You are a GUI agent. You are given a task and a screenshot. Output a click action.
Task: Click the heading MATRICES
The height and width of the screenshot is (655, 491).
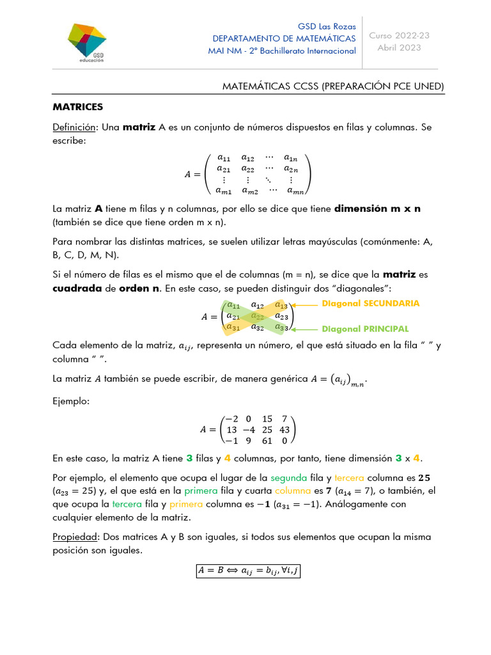[x=77, y=106]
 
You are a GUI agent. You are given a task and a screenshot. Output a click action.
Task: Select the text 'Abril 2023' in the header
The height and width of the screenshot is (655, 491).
[x=399, y=48]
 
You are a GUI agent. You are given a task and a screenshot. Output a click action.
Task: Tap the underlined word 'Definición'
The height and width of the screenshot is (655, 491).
[x=74, y=127]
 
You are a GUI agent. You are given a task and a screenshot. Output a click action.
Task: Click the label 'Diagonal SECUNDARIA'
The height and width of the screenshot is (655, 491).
[x=370, y=303]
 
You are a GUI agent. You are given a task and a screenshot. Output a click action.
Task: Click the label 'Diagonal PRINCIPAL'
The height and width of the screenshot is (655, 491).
[x=364, y=329]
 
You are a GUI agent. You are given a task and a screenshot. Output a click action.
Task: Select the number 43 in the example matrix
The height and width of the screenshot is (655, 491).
[x=284, y=429]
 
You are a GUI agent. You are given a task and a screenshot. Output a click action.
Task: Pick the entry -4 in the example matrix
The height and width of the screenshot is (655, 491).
[x=248, y=429]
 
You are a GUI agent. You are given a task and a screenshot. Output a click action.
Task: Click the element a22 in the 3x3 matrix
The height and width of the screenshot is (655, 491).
[x=258, y=316]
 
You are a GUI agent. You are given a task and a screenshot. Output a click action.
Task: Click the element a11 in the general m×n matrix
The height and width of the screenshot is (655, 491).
[x=224, y=157]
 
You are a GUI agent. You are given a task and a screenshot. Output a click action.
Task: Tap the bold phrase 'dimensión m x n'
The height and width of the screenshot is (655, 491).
[x=378, y=209]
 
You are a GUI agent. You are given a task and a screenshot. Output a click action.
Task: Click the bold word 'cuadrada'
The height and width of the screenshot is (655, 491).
[x=77, y=288]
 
